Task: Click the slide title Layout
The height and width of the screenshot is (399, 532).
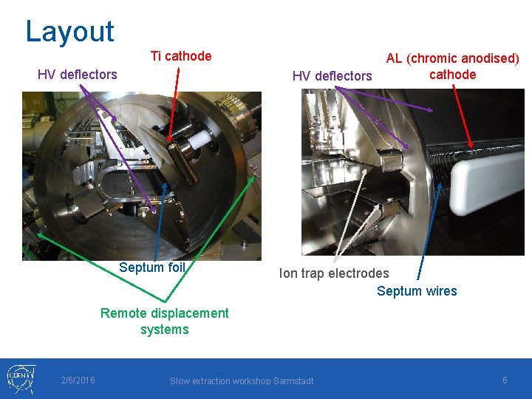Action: [69, 31]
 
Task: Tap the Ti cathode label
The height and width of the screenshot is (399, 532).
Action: [181, 56]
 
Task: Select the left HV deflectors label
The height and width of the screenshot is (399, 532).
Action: [77, 74]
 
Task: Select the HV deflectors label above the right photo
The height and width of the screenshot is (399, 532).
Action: [332, 75]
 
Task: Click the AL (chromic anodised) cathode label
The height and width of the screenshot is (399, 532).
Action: [452, 66]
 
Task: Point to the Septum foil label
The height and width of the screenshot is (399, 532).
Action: [151, 267]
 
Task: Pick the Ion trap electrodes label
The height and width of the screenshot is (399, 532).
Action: [333, 273]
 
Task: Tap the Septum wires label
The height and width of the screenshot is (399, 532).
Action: [417, 291]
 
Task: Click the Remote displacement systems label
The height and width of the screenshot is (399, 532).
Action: [164, 321]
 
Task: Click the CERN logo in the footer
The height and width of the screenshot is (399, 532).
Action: [21, 378]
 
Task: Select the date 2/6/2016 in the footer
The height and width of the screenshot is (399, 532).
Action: [78, 381]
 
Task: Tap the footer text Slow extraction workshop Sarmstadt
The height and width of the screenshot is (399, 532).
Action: [242, 381]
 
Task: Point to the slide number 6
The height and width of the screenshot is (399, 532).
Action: [505, 380]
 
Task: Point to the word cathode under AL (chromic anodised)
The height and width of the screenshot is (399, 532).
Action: [452, 74]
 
